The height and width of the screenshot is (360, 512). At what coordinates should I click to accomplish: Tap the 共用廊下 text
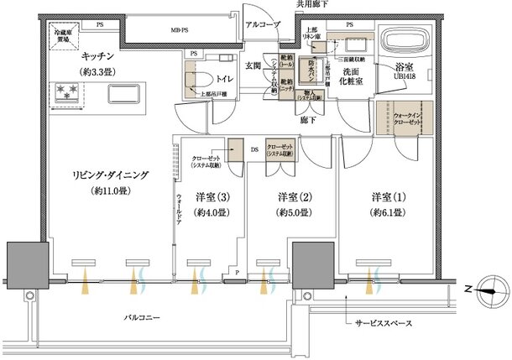pos(312,6)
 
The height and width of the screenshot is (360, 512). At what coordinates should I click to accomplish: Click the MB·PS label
pos(180,31)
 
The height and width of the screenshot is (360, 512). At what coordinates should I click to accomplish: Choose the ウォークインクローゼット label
pos(405,116)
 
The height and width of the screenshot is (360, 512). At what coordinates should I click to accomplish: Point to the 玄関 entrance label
pos(253,65)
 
